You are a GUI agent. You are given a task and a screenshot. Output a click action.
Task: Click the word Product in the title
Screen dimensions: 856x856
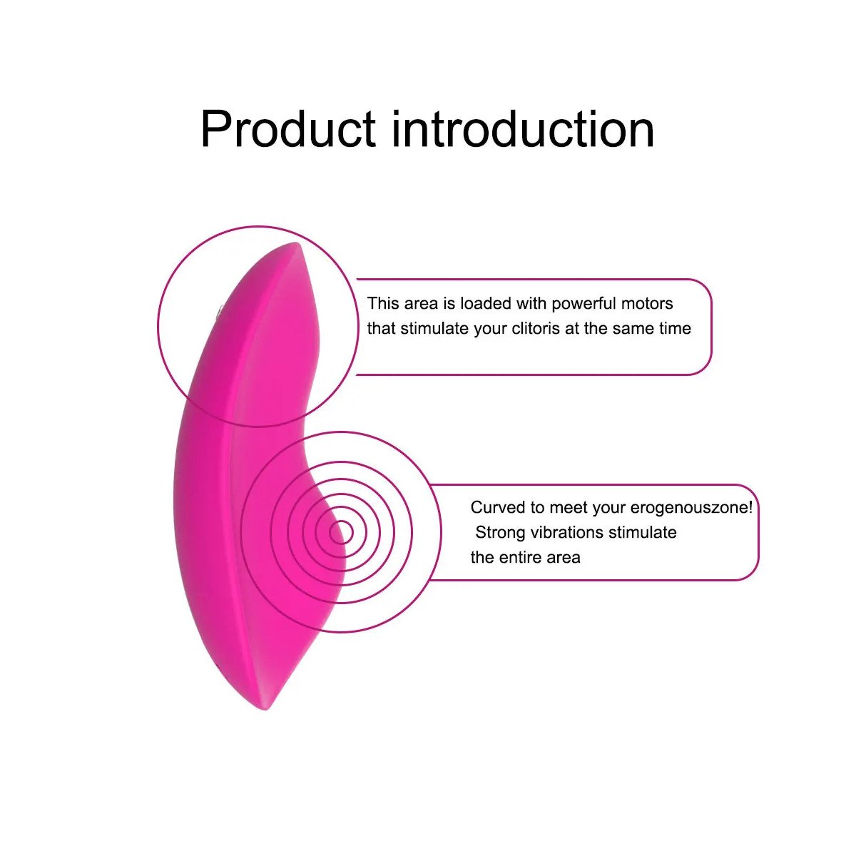(x=288, y=129)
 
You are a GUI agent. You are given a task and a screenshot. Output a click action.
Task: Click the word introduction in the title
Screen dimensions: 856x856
(x=523, y=129)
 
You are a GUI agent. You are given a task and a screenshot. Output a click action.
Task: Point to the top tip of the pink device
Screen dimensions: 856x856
(x=295, y=243)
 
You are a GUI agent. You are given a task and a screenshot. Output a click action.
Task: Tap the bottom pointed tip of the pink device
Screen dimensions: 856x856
(x=265, y=709)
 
